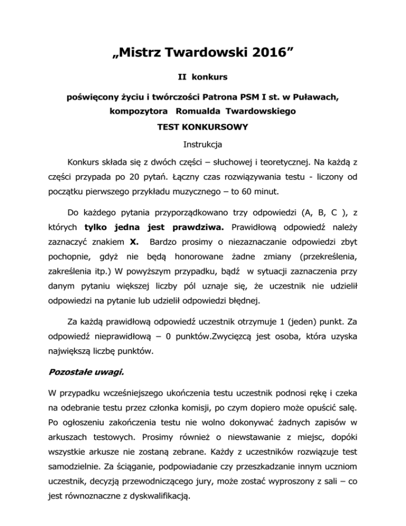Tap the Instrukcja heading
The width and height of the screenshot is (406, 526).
203,144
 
